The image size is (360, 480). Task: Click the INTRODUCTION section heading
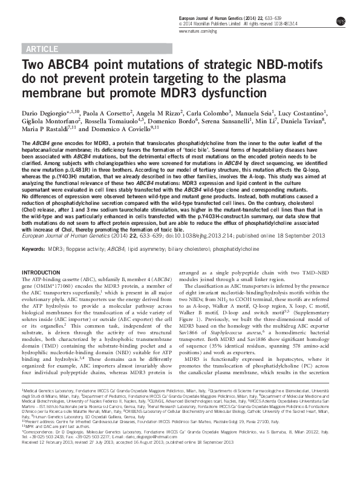41,273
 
